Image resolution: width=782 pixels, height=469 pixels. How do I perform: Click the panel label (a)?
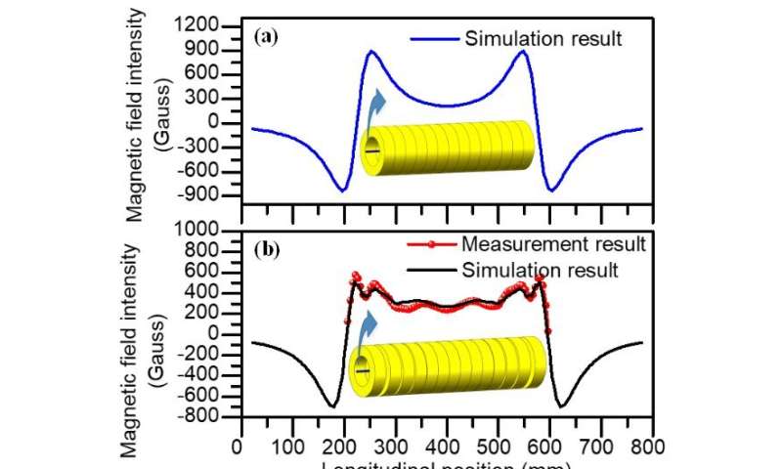coord(264,39)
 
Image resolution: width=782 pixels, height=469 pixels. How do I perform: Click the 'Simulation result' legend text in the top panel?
coord(543,39)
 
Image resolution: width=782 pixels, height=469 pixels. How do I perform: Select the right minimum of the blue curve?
coord(551,191)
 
